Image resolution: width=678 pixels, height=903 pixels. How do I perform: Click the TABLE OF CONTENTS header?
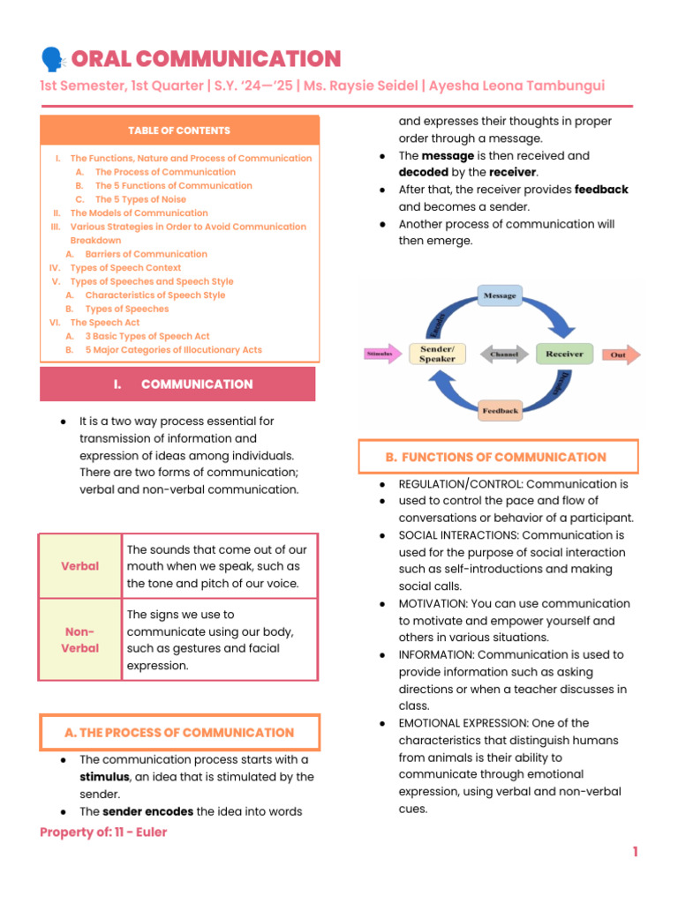pos(179,131)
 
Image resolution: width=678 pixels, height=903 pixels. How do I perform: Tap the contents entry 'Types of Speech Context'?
pos(125,267)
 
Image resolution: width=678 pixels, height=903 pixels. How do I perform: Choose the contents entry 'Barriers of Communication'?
pos(146,254)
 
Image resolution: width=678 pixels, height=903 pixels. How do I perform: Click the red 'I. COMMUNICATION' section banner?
pos(177,384)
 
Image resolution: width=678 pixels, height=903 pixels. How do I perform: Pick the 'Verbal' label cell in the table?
pos(80,565)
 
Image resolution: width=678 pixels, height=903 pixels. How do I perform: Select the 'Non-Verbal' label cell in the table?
pos(80,639)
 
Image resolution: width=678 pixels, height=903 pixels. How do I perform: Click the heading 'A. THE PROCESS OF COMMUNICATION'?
pos(179,733)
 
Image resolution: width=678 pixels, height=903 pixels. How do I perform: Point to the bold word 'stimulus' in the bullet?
pos(104,777)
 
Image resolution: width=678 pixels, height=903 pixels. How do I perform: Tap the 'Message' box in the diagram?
pos(500,296)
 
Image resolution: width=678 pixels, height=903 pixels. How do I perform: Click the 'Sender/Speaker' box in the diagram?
pos(437,354)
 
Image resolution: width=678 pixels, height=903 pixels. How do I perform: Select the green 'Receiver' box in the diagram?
pos(564,354)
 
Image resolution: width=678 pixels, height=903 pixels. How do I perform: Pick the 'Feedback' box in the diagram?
pos(501,411)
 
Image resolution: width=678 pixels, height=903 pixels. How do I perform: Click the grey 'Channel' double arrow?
pos(504,354)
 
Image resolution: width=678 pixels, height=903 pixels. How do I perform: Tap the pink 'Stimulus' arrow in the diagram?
pos(382,354)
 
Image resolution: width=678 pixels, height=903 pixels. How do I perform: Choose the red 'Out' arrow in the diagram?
pos(621,355)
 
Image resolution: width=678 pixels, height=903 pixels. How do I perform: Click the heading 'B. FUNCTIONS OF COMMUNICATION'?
pos(497,457)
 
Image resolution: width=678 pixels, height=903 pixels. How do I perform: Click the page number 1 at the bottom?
pos(634,852)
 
